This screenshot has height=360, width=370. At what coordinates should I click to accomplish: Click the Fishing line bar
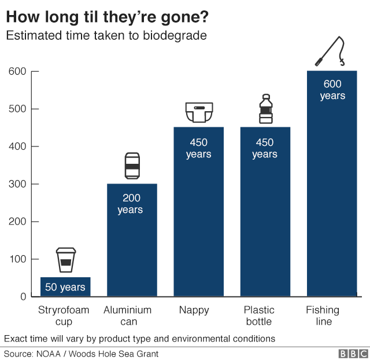[332, 191]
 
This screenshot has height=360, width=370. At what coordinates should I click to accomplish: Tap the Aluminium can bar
[132, 243]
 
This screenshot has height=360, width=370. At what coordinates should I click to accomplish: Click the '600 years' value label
[332, 90]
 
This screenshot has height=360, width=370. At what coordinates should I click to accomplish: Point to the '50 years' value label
[65, 287]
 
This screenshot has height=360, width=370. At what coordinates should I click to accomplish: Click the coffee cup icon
[65, 259]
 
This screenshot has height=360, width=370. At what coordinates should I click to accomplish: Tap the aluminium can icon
[132, 166]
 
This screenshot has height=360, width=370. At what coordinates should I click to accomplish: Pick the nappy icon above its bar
[199, 112]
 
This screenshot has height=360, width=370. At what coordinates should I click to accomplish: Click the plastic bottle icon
[265, 109]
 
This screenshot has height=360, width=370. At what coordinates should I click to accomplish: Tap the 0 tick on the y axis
[23, 296]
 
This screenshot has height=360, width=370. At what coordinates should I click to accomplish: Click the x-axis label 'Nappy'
[198, 310]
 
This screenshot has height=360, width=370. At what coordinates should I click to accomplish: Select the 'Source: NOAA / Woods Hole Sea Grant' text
[81, 353]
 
